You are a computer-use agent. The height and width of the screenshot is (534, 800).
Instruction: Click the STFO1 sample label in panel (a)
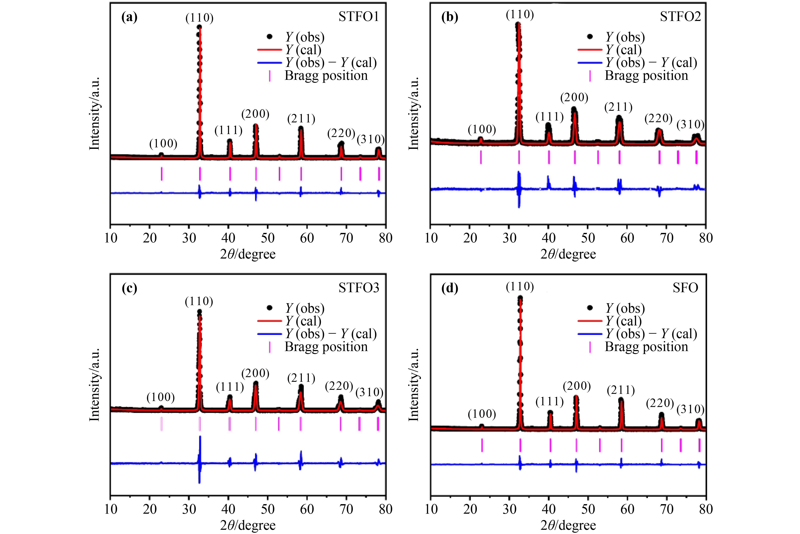(359, 17)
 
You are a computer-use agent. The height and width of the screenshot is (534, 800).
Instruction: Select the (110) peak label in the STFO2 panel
(520, 14)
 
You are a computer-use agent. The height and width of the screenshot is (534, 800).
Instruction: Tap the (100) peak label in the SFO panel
(482, 414)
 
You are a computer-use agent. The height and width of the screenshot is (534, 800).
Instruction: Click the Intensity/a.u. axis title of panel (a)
(94, 113)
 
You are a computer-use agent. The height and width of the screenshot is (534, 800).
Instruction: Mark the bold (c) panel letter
(129, 288)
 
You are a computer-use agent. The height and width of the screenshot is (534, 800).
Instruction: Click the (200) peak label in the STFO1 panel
(255, 114)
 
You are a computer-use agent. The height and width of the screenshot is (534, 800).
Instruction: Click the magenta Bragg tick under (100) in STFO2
(481, 157)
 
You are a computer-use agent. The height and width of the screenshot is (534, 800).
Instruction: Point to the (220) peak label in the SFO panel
(660, 403)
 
